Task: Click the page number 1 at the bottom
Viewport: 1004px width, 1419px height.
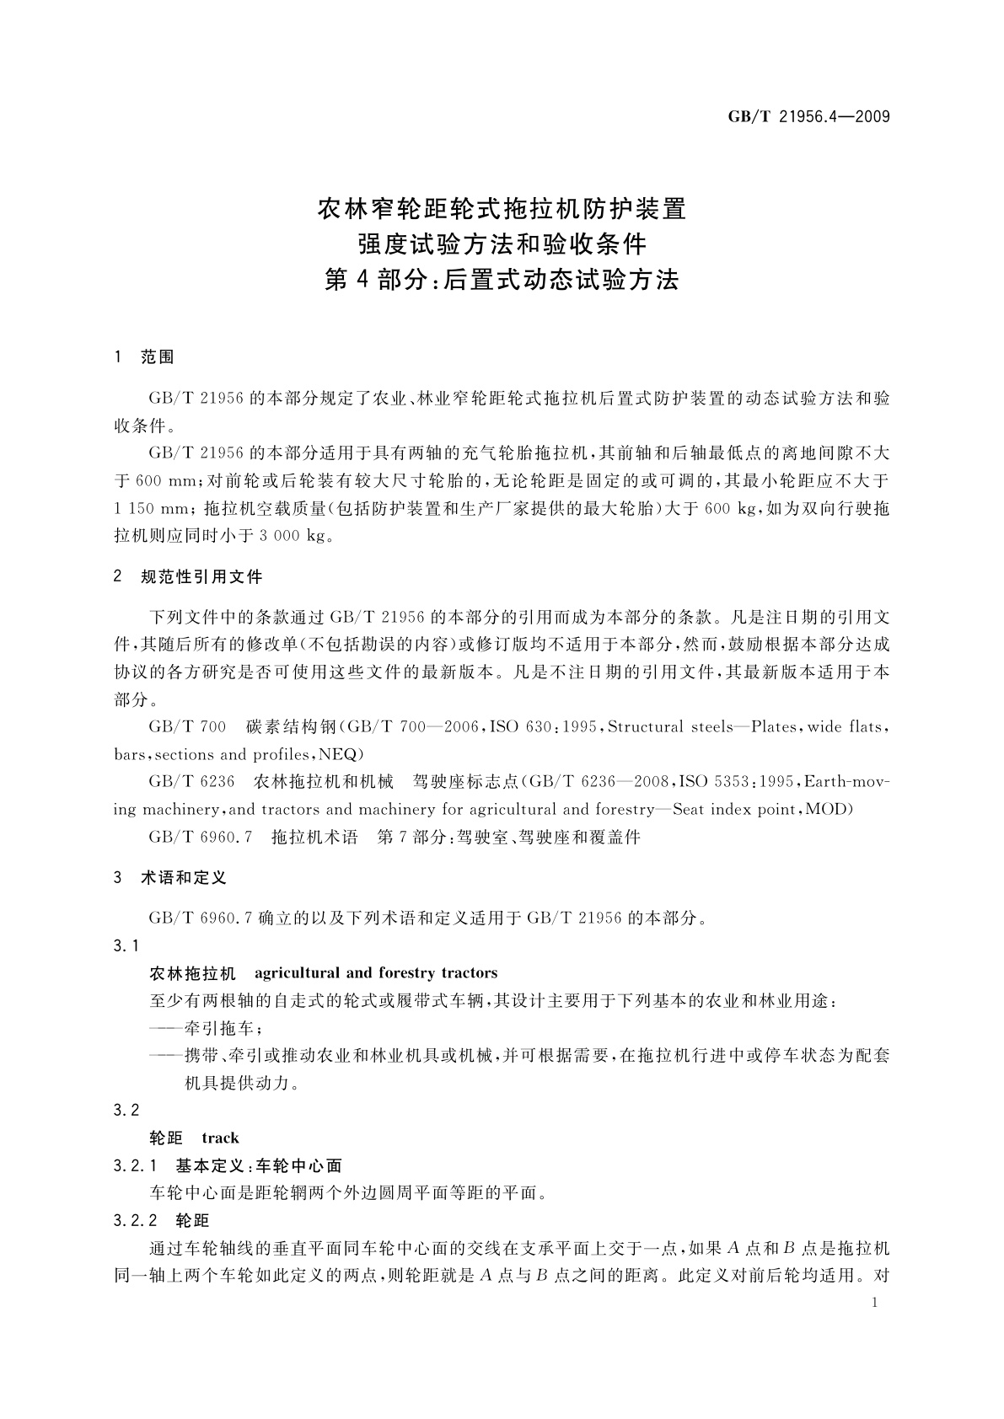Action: (876, 1303)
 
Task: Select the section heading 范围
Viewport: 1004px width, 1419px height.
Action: (158, 357)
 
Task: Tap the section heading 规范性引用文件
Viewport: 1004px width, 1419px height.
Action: (201, 577)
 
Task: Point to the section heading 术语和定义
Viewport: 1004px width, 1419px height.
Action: (184, 878)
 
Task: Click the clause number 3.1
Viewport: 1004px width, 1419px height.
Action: (126, 946)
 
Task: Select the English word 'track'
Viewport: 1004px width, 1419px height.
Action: (220, 1138)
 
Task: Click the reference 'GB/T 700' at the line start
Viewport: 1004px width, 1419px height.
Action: (187, 726)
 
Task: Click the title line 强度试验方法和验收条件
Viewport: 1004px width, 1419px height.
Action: (502, 244)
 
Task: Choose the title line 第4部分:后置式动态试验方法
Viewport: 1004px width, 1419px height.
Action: (502, 280)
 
